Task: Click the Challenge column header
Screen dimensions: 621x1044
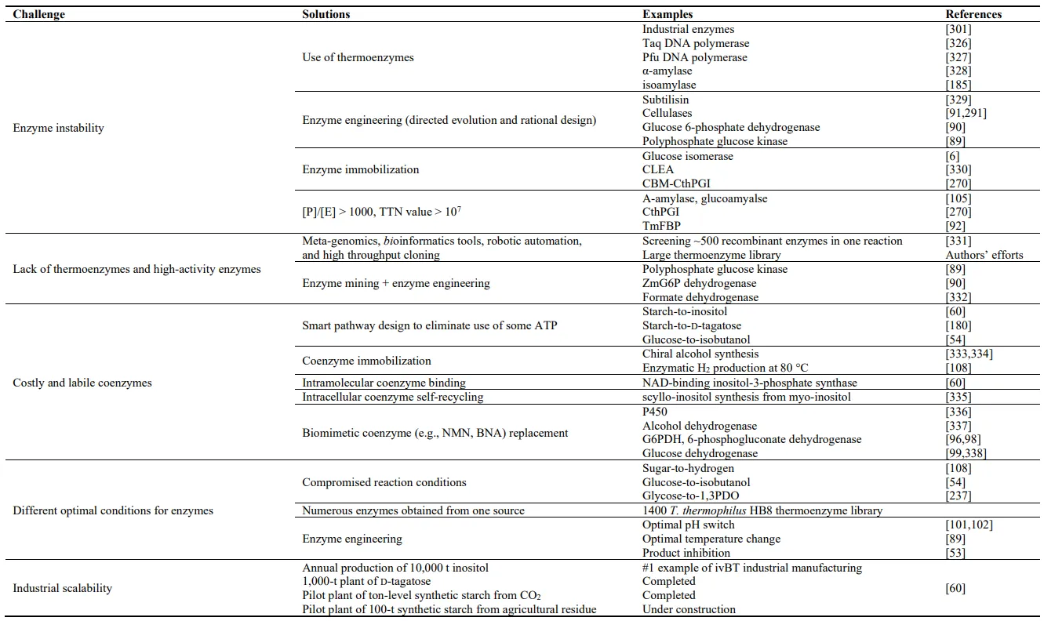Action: (38, 14)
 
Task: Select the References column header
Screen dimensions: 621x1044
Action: (973, 14)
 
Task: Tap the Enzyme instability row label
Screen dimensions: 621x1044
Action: (58, 128)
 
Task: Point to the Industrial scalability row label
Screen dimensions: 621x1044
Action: (62, 588)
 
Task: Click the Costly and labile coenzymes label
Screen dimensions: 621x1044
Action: (82, 383)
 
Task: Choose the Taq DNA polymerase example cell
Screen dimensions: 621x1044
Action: (696, 43)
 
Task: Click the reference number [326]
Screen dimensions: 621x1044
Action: (959, 43)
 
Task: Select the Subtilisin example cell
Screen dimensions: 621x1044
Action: (665, 100)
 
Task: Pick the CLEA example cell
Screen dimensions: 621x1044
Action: (657, 169)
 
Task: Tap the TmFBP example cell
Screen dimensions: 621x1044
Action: (662, 226)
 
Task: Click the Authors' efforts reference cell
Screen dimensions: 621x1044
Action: (984, 255)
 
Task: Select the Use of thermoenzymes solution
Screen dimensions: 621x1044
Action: (358, 57)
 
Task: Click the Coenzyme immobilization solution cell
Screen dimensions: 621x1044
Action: (366, 361)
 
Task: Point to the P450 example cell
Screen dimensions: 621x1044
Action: (655, 412)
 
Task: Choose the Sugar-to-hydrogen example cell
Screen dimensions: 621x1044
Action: (688, 468)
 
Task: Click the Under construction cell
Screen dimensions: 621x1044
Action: (689, 609)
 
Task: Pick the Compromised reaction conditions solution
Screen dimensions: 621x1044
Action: (384, 482)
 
